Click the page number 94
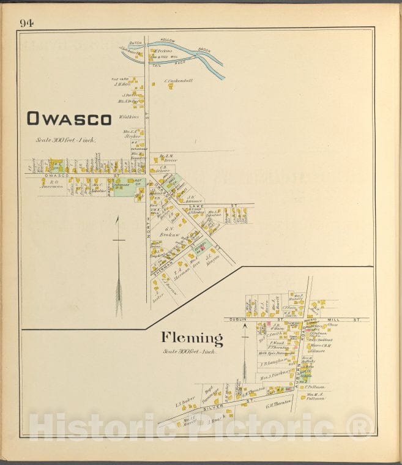coord(26,23)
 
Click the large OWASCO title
coord(69,119)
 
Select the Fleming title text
coord(192,338)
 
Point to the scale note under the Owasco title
coord(65,140)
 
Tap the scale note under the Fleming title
coord(192,351)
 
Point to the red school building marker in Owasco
coord(198,249)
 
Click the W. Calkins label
coord(130,116)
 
